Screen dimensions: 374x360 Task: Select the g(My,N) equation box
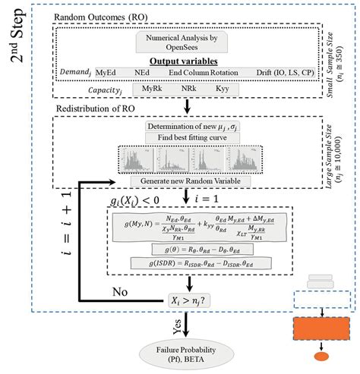[x=198, y=228]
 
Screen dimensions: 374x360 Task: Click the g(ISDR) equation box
[x=198, y=262]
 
